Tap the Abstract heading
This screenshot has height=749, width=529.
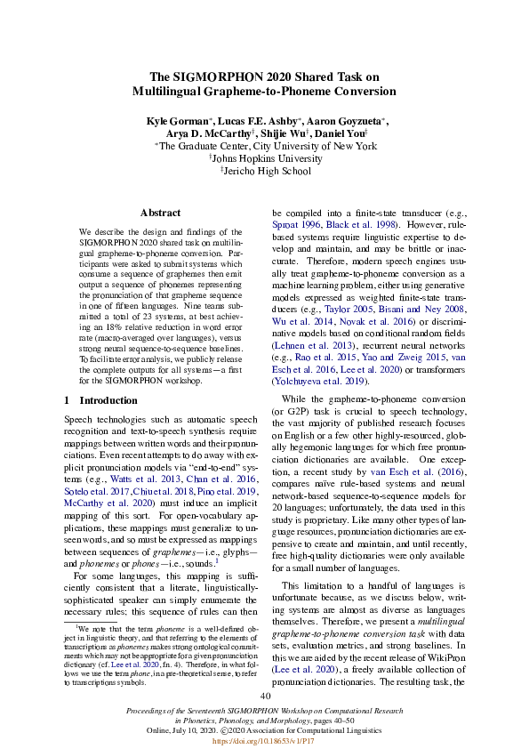[x=160, y=213]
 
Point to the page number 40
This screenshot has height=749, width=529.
[x=264, y=696]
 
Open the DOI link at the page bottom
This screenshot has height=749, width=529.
[x=264, y=739]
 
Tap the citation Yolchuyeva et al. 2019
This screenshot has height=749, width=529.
[x=316, y=379]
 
